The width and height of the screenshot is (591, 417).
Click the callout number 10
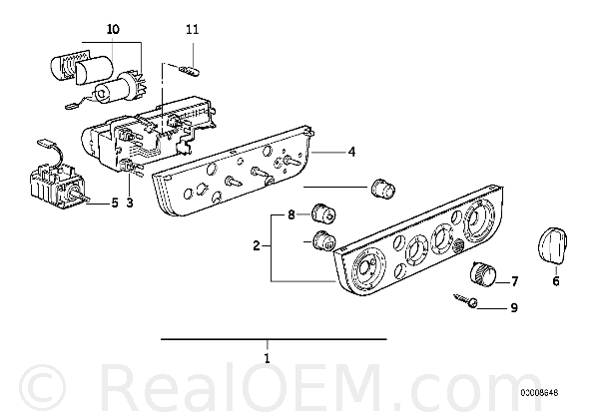[x=113, y=29]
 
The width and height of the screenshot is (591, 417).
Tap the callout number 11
[x=193, y=29]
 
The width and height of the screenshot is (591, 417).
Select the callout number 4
[x=351, y=152]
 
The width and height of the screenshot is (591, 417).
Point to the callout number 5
[x=115, y=204]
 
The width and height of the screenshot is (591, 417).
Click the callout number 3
[x=130, y=204]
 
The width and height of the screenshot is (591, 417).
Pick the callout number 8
[x=291, y=215]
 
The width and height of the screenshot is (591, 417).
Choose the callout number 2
[x=257, y=246]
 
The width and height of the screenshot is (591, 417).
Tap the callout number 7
[x=515, y=281]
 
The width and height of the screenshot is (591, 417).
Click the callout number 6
[x=556, y=281]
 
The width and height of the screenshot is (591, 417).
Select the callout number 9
[x=514, y=308]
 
